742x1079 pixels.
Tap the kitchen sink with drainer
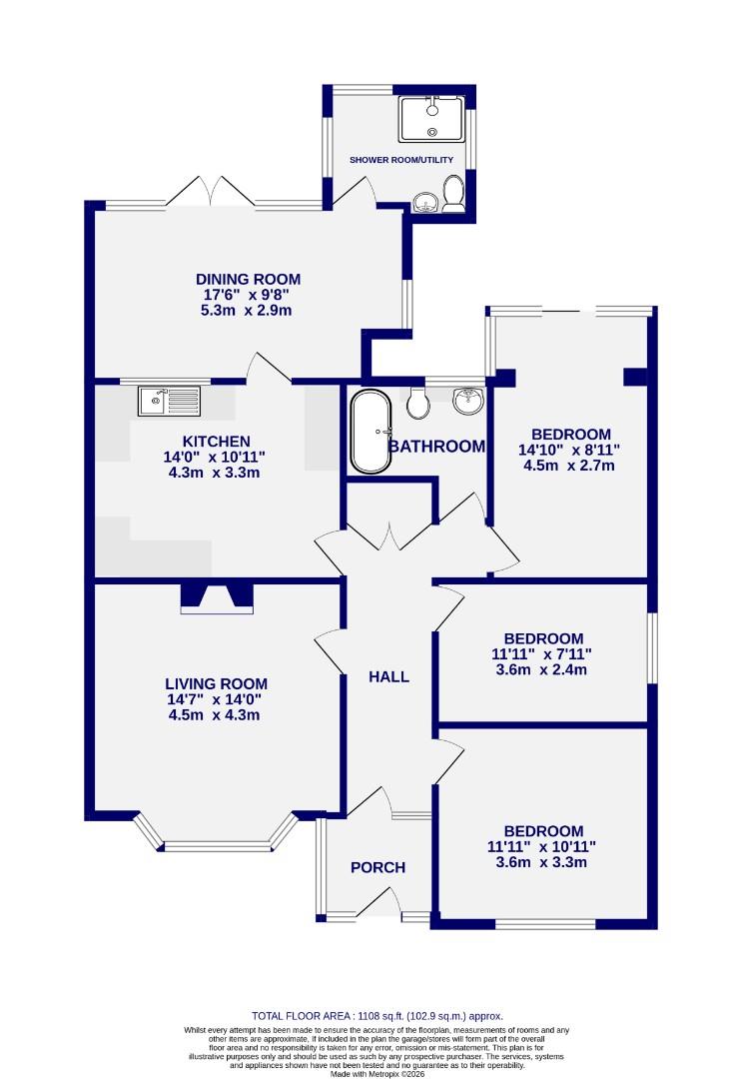click(171, 402)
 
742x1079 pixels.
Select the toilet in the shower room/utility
click(453, 194)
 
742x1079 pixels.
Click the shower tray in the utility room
click(432, 119)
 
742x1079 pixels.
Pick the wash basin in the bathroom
click(466, 400)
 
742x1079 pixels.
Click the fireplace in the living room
click(217, 597)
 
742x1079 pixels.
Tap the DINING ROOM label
click(248, 280)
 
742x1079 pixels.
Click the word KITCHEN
click(216, 442)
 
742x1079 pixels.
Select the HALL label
click(388, 676)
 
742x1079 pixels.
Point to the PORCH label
click(377, 867)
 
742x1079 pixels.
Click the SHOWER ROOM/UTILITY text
click(400, 160)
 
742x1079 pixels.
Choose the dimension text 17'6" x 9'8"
click(248, 296)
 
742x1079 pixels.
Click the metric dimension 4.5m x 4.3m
click(216, 714)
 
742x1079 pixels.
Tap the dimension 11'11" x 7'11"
click(543, 654)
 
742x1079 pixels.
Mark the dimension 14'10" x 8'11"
click(570, 450)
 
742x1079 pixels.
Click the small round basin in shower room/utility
click(426, 204)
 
